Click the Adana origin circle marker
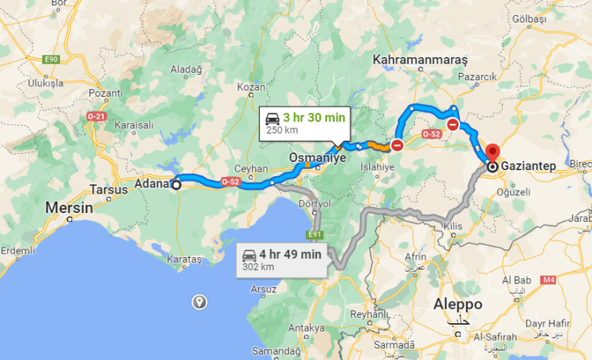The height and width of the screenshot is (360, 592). tap(176, 184)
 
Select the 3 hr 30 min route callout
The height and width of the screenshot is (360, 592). tap(302, 123)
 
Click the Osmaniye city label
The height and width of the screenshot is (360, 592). tap(317, 158)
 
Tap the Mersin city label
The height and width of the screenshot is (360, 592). tap(69, 206)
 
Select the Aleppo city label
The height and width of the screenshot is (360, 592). tap(458, 304)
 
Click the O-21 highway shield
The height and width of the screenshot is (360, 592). tap(96, 117)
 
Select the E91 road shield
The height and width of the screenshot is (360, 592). tap(314, 235)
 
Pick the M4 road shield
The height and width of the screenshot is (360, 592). tap(548, 280)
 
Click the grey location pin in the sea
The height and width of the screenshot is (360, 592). tap(200, 301)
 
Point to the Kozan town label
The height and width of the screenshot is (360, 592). tap(247, 88)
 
